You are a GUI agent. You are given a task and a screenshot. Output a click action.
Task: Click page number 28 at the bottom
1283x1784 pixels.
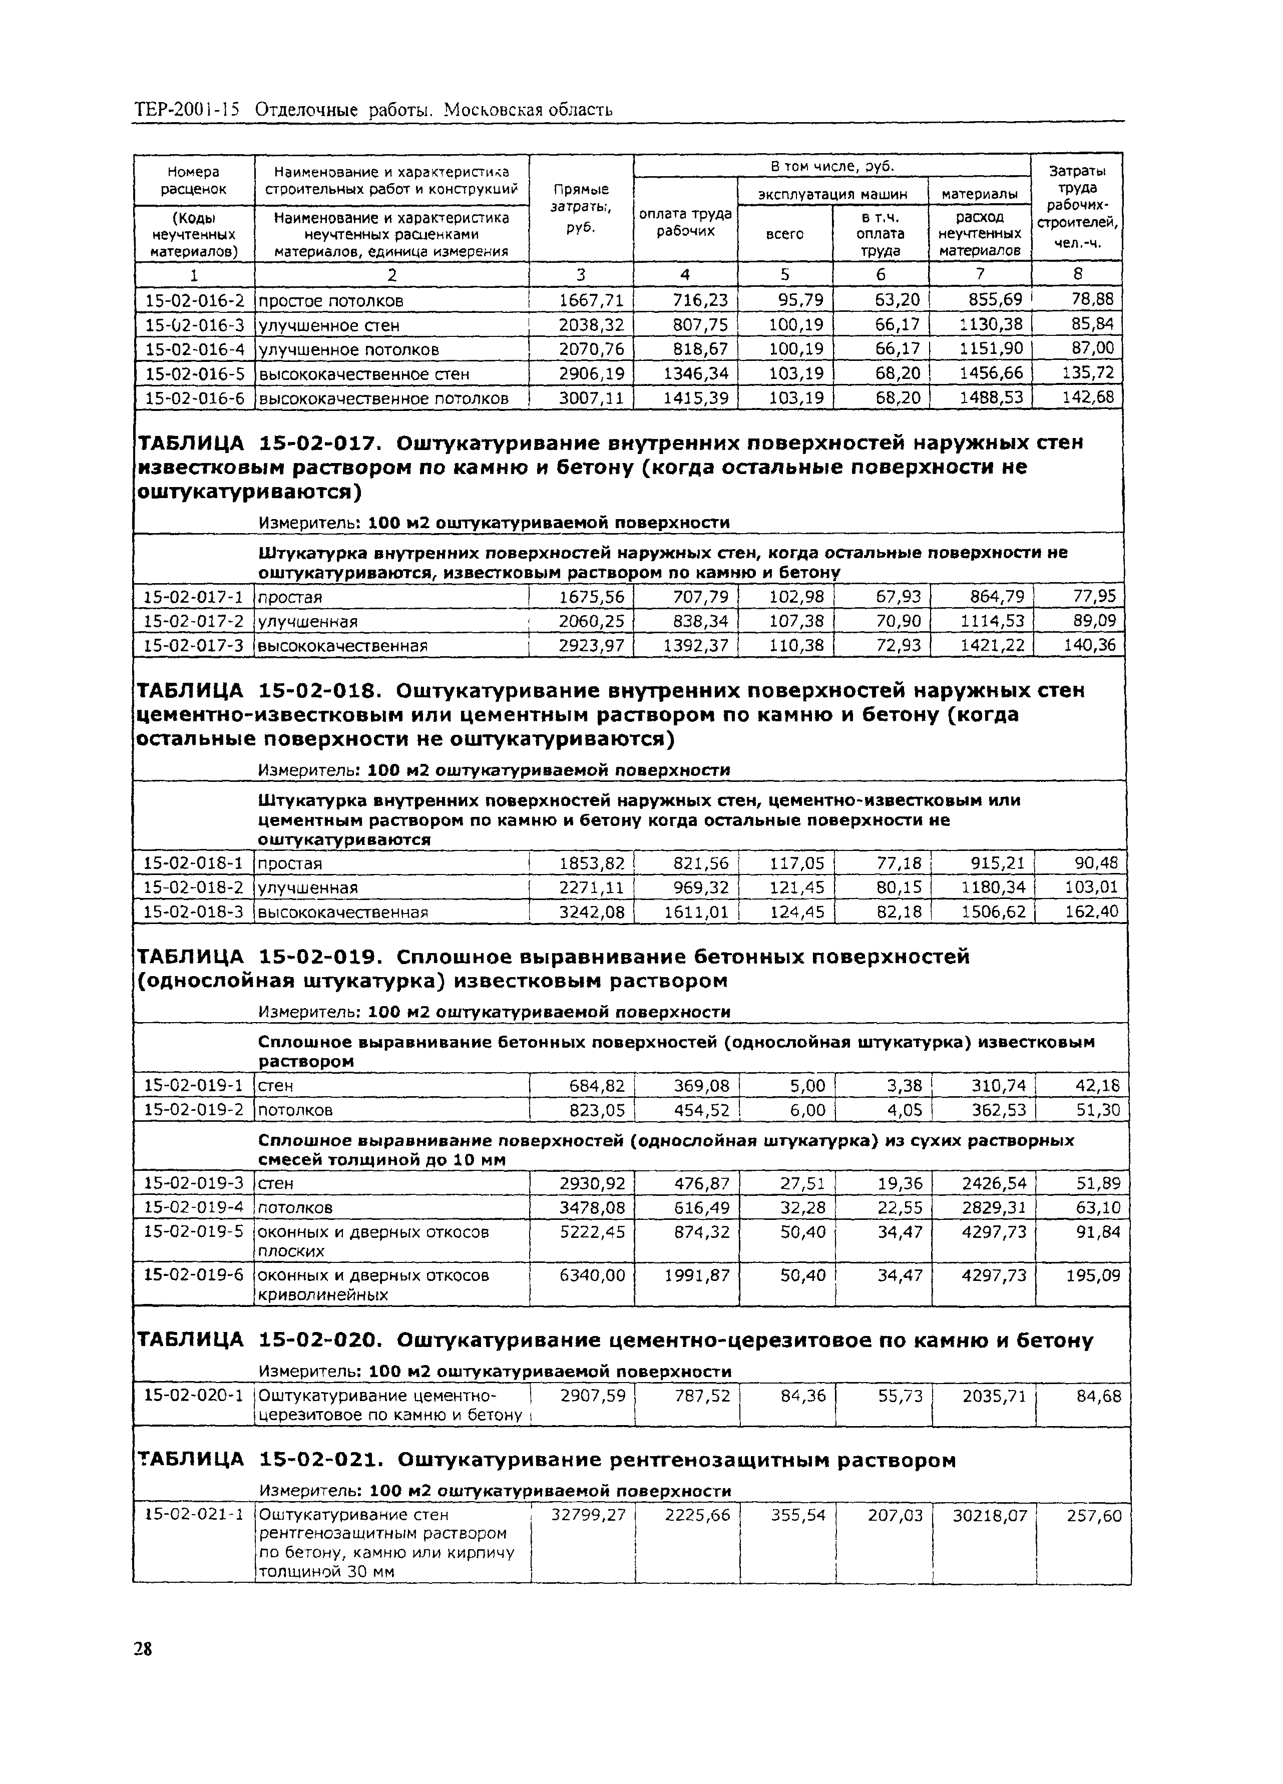coord(142,1649)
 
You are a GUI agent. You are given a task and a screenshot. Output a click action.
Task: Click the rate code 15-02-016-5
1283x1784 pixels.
coord(194,373)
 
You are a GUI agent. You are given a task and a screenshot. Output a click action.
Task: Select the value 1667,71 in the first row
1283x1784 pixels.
coord(591,300)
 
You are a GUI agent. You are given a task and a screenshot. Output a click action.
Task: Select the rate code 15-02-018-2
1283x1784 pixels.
coord(194,887)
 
